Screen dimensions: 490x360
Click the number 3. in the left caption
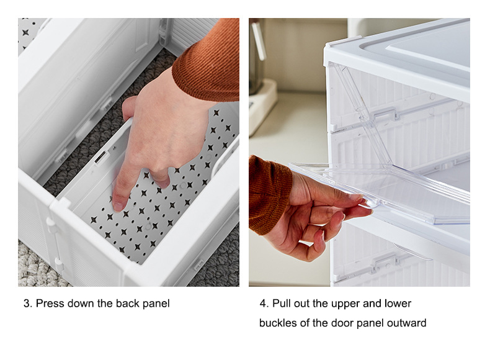(27, 304)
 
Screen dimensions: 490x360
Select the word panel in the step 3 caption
(156, 304)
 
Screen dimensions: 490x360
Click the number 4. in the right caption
(264, 304)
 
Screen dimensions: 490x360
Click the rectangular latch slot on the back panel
(100, 158)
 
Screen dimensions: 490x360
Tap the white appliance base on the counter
(262, 104)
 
